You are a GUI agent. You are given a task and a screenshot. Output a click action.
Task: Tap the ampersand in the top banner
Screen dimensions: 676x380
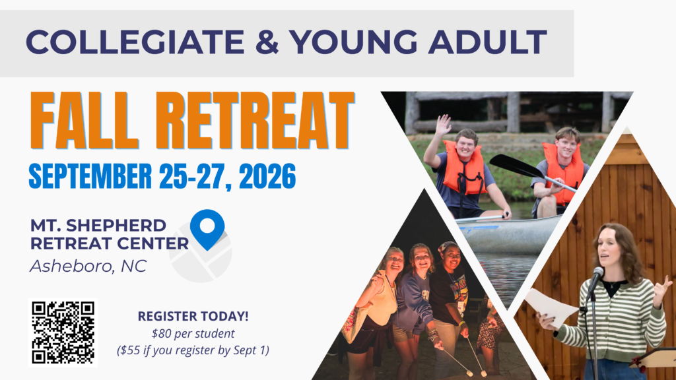tap(267, 42)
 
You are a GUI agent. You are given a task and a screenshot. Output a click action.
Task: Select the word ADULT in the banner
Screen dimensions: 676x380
tap(488, 42)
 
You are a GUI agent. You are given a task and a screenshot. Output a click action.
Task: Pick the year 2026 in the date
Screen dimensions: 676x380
tap(267, 175)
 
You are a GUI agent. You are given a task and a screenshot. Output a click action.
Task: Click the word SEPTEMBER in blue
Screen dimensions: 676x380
tap(90, 175)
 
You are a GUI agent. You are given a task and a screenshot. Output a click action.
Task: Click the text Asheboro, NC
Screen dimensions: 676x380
tap(88, 267)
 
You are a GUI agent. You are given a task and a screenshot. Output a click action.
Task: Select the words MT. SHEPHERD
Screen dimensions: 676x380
tap(98, 226)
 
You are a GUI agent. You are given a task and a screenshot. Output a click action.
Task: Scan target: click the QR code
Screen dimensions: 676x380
tap(63, 332)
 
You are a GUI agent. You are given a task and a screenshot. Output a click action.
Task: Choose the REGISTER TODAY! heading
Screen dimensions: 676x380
tap(193, 316)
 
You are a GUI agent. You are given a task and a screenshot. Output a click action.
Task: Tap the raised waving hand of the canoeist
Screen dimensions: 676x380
tap(443, 125)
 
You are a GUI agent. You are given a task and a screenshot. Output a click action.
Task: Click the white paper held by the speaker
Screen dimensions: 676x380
tap(551, 307)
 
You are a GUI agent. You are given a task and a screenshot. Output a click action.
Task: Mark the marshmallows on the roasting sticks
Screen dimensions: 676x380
tap(476, 373)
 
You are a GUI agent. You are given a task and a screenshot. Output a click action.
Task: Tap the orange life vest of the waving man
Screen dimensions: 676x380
tap(465, 169)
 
